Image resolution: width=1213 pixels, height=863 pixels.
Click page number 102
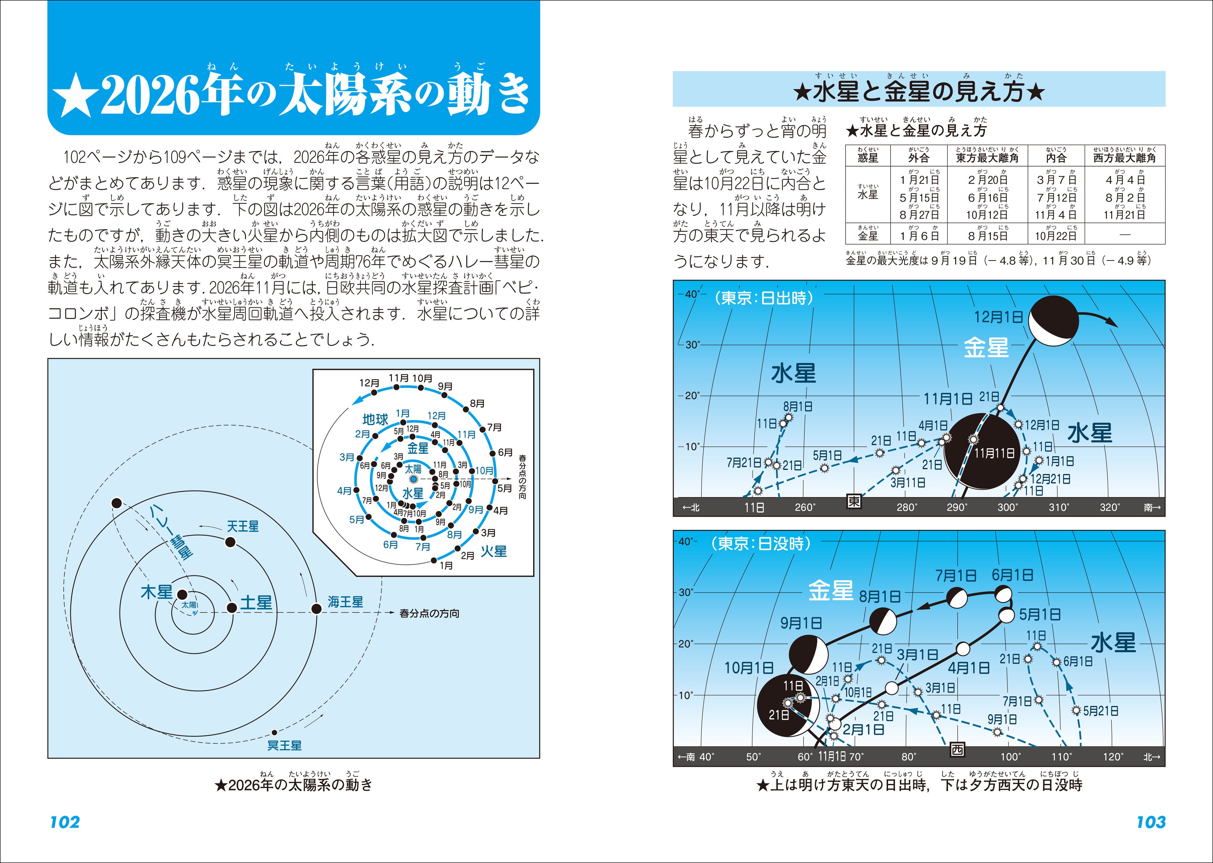coord(65,822)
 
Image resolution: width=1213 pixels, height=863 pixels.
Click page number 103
coord(1151,822)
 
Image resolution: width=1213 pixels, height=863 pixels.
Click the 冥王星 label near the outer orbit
coord(284,746)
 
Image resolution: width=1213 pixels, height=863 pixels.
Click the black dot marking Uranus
coord(230,542)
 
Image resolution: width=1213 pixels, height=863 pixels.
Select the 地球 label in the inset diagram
coord(375,419)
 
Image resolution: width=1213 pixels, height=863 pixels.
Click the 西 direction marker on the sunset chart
coord(957,750)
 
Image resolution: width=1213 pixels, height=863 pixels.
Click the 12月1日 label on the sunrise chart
coord(998,317)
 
